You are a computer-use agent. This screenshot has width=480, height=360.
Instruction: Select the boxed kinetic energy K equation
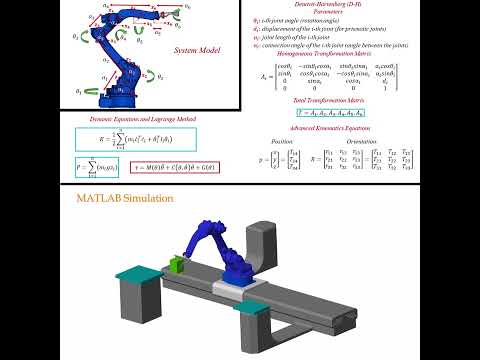click(x=122, y=140)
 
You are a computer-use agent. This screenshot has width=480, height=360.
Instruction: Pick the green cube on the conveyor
click(x=177, y=264)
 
